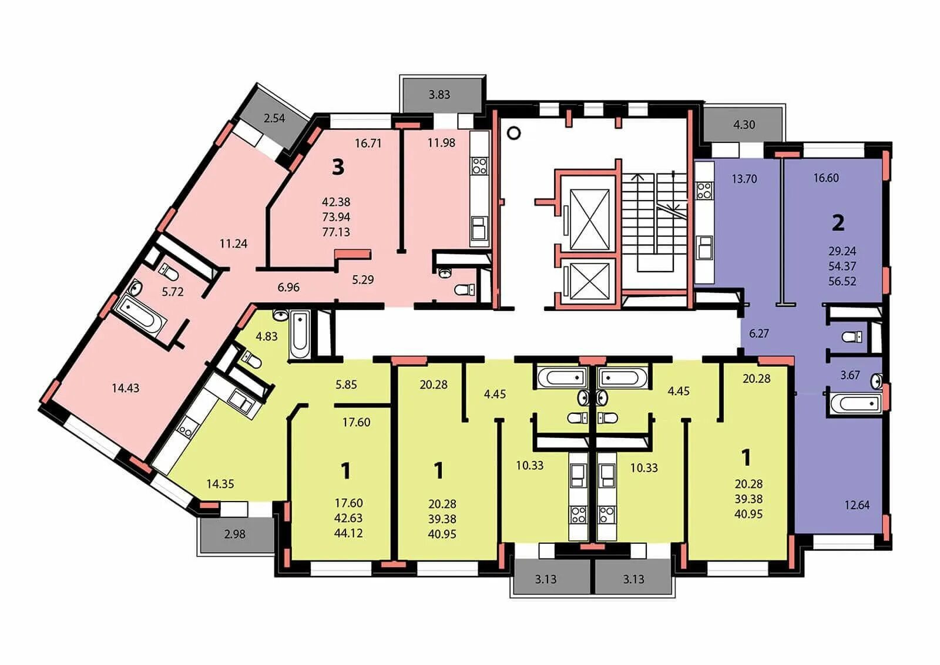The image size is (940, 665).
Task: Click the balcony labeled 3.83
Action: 442,94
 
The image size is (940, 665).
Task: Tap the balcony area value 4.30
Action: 744,124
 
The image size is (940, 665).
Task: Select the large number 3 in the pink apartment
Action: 338,167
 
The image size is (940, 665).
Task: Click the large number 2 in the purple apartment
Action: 838,223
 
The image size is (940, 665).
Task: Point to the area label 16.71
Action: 368,143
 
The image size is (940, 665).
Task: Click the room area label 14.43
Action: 126,388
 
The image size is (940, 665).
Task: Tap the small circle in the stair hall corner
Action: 513,133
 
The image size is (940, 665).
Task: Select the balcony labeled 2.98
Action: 236,534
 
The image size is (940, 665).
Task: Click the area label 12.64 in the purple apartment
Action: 857,504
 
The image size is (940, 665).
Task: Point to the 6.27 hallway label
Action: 758,333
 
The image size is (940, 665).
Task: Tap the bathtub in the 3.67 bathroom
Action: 854,403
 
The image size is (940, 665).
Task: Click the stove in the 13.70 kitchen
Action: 704,190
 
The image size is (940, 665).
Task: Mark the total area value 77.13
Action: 336,232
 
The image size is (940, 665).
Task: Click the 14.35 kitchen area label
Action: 220,483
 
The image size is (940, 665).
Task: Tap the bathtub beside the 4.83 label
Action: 300,335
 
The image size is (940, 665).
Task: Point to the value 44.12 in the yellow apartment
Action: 348,533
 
